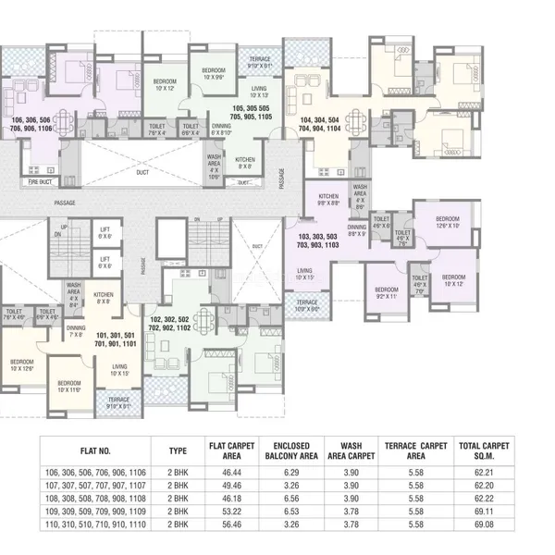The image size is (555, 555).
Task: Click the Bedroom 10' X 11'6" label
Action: pyautogui.click(x=69, y=386)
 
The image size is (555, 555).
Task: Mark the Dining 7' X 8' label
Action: pyautogui.click(x=76, y=331)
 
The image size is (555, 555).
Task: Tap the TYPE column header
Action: pyautogui.click(x=178, y=450)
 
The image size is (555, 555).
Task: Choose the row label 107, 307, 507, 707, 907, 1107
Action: pyautogui.click(x=95, y=485)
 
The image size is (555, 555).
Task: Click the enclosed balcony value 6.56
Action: pyautogui.click(x=290, y=497)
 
